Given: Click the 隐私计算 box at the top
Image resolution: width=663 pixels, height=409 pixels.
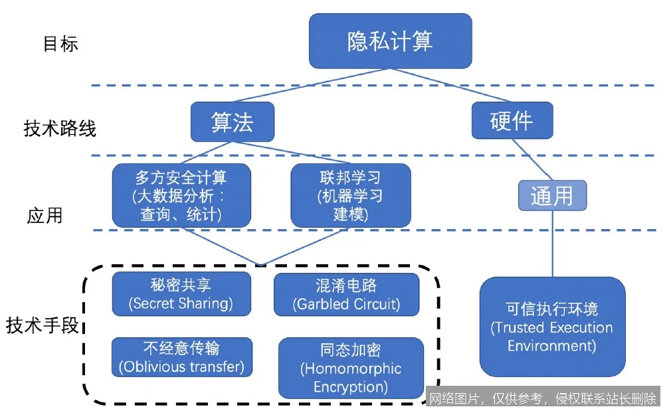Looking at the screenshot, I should (390, 41).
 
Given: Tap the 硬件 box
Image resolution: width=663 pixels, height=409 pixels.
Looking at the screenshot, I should (511, 122).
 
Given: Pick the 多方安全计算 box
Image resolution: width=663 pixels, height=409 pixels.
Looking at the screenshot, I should (181, 195).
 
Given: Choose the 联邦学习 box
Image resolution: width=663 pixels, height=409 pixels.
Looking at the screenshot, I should (350, 195).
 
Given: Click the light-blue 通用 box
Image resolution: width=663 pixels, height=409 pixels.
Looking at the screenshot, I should (551, 196).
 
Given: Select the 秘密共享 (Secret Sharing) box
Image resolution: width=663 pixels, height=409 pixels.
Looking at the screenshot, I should (181, 294).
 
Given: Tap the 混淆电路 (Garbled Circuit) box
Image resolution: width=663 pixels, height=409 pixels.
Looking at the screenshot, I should (346, 294).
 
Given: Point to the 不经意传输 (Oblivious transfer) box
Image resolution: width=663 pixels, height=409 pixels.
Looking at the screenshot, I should (181, 357).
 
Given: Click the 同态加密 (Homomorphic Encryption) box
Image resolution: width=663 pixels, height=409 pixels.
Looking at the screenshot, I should (350, 368).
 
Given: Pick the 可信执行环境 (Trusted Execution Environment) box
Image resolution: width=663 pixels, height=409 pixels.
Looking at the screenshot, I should (551, 327).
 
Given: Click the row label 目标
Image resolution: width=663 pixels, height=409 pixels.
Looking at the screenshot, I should (60, 44).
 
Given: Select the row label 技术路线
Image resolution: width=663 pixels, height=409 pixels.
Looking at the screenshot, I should (60, 128).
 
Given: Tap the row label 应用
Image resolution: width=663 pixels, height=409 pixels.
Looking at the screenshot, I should (45, 216).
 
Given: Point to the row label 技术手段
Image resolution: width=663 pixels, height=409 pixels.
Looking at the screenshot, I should (43, 325).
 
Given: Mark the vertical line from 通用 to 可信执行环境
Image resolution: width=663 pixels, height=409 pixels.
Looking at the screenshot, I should (551, 242).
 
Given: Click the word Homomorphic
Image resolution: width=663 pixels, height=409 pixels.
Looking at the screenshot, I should (350, 368).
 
